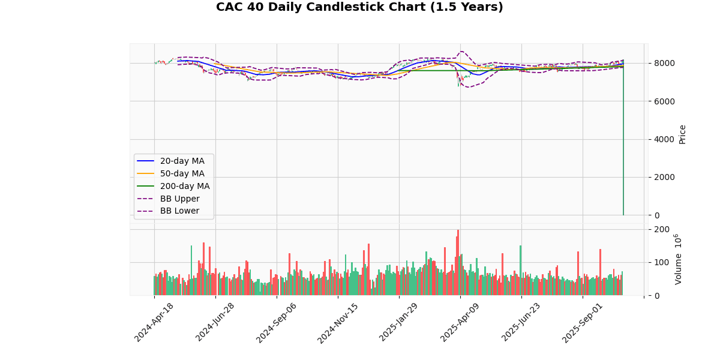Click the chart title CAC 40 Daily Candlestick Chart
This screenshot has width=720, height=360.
tap(359, 7)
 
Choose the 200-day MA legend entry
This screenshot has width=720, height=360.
tap(185, 186)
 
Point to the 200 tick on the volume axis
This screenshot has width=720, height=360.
tap(661, 229)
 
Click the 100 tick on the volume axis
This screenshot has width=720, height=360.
tap(661, 262)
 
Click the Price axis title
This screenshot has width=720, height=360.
tap(682, 134)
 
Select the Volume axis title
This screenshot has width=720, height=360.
tap(678, 259)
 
